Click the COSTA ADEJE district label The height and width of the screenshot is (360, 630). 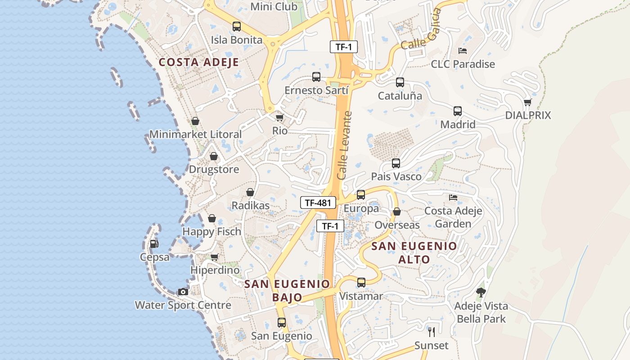click(x=198, y=62)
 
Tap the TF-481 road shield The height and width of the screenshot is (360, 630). click(x=318, y=202)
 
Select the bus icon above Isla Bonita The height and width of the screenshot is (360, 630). click(x=237, y=27)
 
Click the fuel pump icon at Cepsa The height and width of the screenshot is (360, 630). click(x=154, y=244)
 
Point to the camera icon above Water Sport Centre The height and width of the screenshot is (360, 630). click(x=183, y=292)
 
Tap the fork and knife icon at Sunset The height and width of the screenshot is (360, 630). click(x=432, y=332)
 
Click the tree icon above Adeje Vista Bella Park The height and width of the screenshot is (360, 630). click(x=481, y=292)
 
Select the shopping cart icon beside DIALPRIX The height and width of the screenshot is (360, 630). click(x=528, y=102)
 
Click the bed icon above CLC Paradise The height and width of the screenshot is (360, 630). click(x=463, y=50)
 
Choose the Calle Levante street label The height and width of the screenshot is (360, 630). click(x=344, y=146)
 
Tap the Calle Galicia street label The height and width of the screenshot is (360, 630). click(x=419, y=36)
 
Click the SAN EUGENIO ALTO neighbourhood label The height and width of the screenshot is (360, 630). click(x=414, y=252)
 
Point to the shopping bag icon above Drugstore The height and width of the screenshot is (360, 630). click(x=214, y=156)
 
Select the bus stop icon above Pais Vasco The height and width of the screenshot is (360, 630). click(x=396, y=163)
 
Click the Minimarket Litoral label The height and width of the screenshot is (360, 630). click(x=195, y=134)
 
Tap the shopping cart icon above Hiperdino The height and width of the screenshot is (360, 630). click(x=215, y=257)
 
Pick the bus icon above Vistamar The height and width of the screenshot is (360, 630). click(x=361, y=283)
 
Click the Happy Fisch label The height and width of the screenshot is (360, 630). click(x=211, y=231)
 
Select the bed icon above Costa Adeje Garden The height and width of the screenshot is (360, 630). click(x=453, y=197)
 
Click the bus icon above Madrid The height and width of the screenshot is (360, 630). click(x=458, y=111)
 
